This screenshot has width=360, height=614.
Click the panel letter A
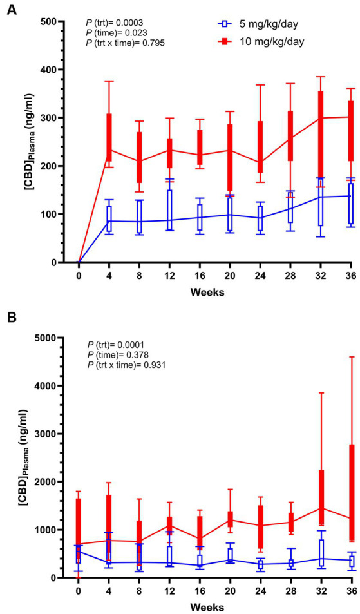click(x=11, y=11)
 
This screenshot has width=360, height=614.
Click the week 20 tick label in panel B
click(x=229, y=591)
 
